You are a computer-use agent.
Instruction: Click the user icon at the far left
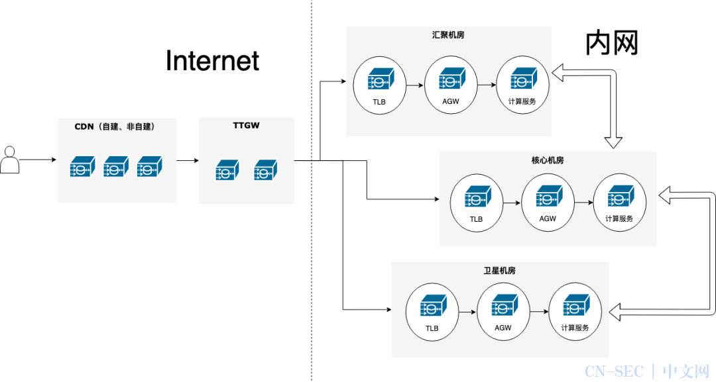click(x=9, y=160)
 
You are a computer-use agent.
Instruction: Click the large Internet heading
click(x=212, y=61)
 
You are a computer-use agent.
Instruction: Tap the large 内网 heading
click(x=611, y=43)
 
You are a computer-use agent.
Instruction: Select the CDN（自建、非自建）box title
click(x=115, y=126)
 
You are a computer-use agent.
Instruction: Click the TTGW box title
click(x=246, y=125)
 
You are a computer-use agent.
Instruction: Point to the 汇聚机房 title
click(x=448, y=34)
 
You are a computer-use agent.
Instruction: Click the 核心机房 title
click(x=548, y=160)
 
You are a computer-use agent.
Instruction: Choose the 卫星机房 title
click(x=500, y=270)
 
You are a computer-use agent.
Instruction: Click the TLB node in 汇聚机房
click(x=379, y=85)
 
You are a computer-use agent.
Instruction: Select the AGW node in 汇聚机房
click(x=451, y=85)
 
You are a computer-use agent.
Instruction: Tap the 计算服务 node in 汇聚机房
click(x=522, y=85)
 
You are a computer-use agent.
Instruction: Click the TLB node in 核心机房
click(x=476, y=203)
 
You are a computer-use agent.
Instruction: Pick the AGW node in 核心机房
click(x=548, y=203)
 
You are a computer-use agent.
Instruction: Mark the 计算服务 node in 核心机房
click(x=620, y=203)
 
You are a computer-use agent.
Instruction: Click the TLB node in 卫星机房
click(x=432, y=312)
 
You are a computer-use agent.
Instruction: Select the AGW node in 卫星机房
click(x=503, y=311)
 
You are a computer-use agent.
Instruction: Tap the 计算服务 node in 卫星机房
click(x=575, y=311)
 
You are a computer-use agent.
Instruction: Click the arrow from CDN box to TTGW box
click(x=188, y=160)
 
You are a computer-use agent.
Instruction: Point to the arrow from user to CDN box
click(x=38, y=160)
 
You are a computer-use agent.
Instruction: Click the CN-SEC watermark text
click(x=614, y=371)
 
